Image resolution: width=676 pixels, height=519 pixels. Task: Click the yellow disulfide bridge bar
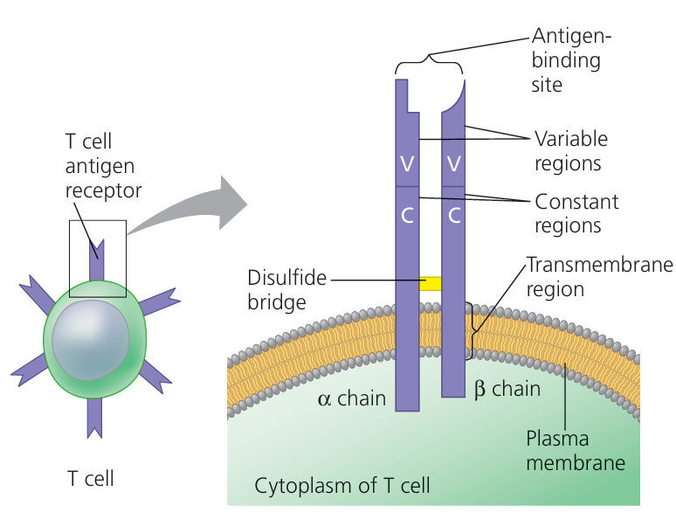(x=431, y=284)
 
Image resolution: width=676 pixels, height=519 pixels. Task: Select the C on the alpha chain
(x=407, y=215)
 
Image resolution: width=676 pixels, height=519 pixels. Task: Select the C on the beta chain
(x=452, y=215)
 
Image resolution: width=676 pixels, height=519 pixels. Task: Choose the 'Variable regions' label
(x=571, y=150)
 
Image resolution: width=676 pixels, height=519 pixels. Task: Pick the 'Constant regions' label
(x=576, y=213)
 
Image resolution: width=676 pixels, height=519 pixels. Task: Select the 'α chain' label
(x=353, y=398)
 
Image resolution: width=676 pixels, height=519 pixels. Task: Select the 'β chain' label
(x=507, y=390)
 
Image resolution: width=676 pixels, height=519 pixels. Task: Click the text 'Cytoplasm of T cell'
(x=342, y=485)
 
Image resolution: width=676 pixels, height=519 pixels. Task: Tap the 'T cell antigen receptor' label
(x=103, y=165)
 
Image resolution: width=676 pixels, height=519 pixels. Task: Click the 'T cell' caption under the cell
(x=91, y=479)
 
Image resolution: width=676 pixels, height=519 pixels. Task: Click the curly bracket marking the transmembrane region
(x=475, y=330)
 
